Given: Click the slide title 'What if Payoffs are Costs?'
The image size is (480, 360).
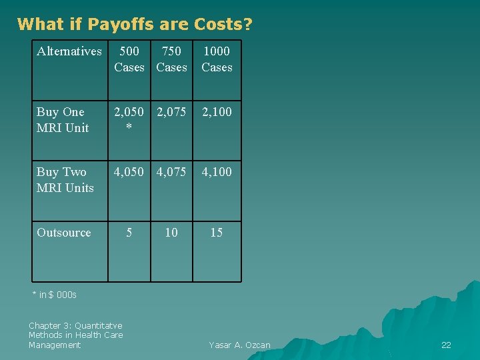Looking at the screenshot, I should tap(135, 25).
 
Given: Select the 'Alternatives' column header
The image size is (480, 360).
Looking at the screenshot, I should tap(69, 51).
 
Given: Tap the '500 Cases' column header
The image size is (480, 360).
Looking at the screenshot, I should tap(129, 59).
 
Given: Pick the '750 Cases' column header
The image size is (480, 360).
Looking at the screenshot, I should tap(171, 59).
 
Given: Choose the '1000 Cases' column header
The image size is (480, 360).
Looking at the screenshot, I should tap(217, 59).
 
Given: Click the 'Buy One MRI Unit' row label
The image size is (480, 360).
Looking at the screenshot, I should tap(63, 120).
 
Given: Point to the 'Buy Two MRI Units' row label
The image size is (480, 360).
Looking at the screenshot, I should tap(65, 180).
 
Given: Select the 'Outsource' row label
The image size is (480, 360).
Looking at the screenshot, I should tap(64, 233).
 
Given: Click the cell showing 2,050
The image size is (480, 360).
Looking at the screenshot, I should tap(129, 113).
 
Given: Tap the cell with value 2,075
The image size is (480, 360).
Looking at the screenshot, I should tap(171, 112).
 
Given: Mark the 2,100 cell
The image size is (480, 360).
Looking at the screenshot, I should tap(217, 112).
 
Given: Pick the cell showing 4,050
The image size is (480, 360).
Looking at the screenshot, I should tap(129, 172).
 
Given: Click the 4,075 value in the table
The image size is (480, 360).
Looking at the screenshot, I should tap(171, 172).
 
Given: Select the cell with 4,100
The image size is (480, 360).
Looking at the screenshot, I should tap(217, 172).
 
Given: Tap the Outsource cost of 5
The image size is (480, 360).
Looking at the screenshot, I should tap(129, 233).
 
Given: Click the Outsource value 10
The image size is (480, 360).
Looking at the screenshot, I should tap(171, 233).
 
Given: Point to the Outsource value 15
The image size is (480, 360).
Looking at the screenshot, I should tap(217, 233).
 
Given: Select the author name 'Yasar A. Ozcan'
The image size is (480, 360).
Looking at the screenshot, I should tap(239, 345).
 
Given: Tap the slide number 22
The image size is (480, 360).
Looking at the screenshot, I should tap(446, 345).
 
